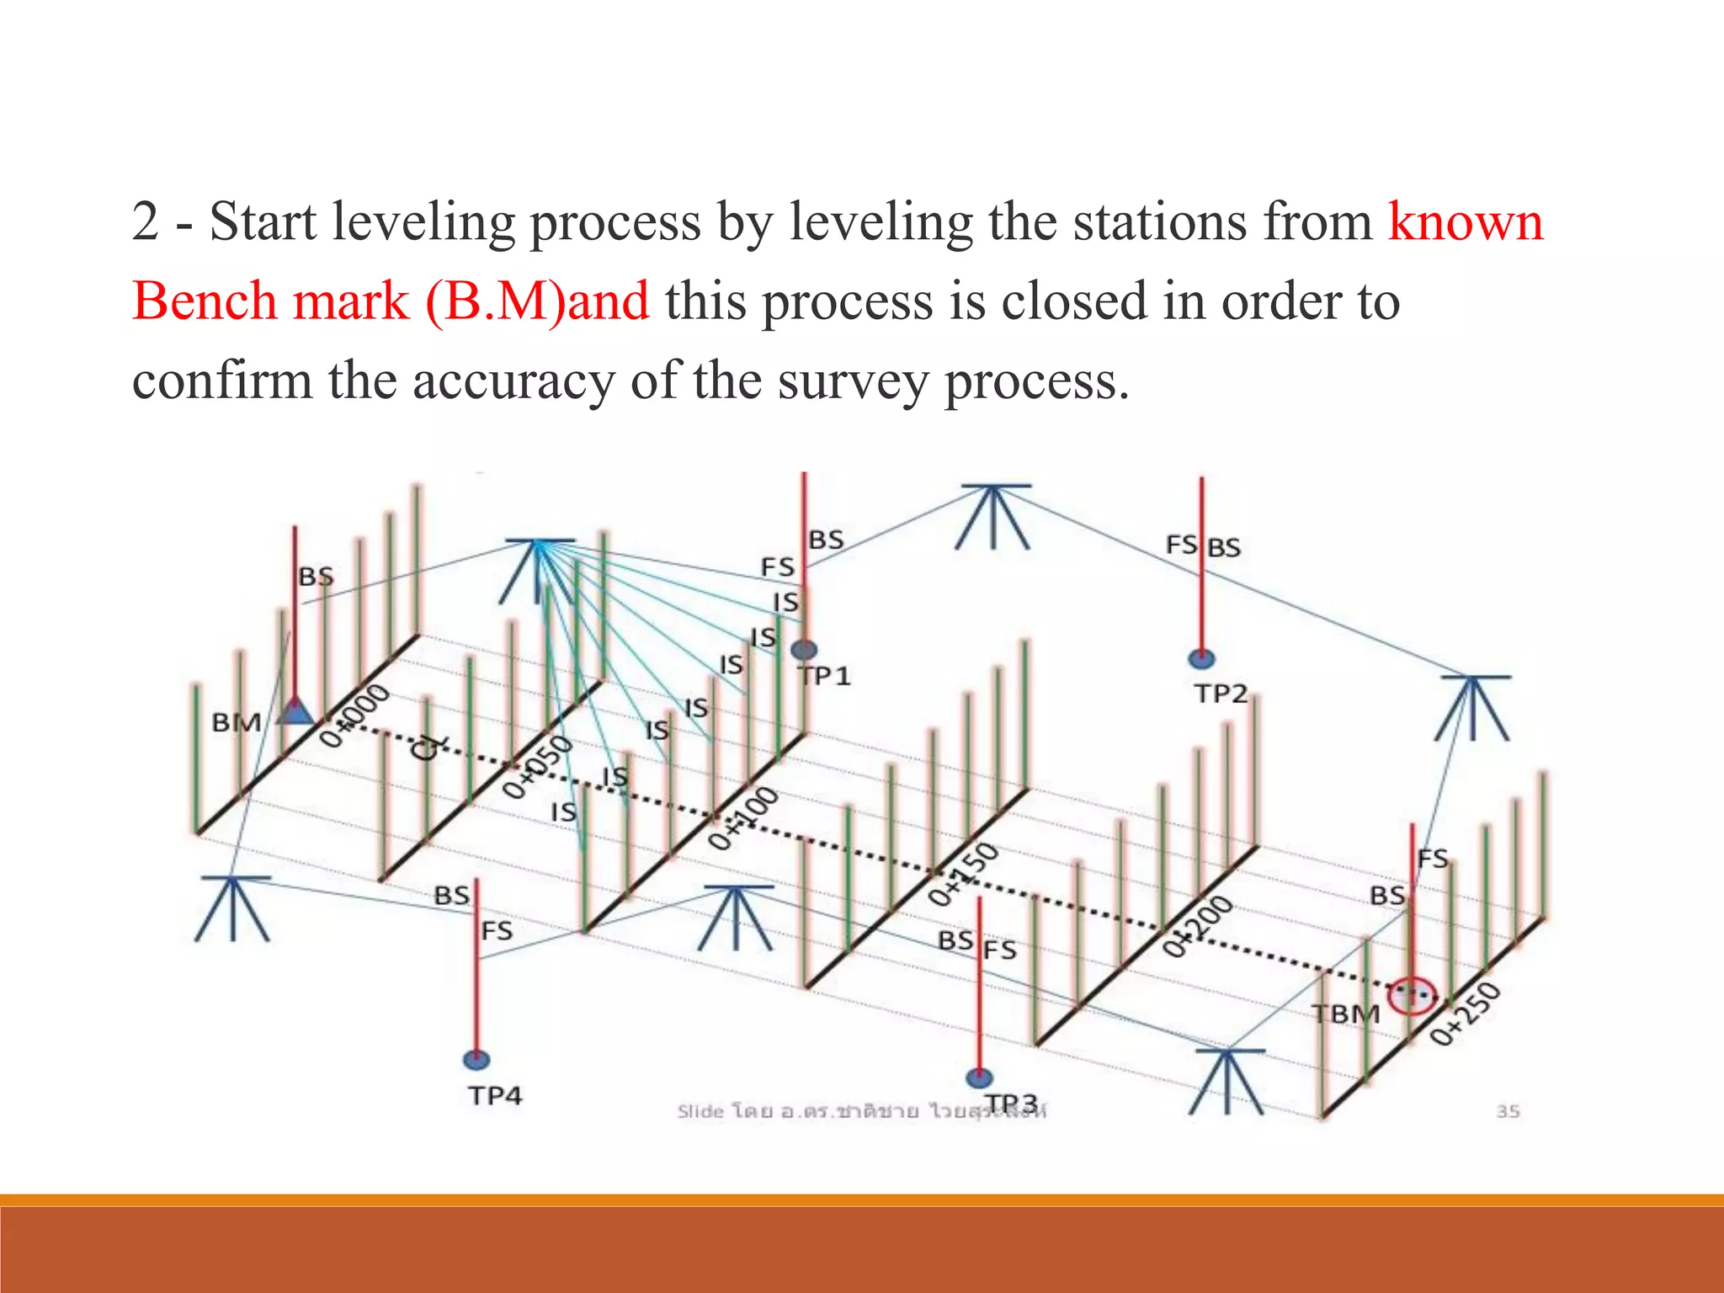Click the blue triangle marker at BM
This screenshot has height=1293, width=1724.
pyautogui.click(x=295, y=712)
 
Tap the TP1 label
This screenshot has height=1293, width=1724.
pyautogui.click(x=826, y=676)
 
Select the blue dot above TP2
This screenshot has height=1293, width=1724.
pyautogui.click(x=1201, y=658)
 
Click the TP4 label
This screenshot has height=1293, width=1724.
pyautogui.click(x=495, y=1095)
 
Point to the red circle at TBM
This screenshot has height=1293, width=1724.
pyautogui.click(x=1411, y=996)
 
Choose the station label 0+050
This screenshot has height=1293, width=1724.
pyautogui.click(x=537, y=766)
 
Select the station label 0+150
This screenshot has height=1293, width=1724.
pyautogui.click(x=963, y=875)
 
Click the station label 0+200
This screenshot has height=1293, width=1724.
pyautogui.click(x=1198, y=927)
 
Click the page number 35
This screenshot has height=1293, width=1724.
pyautogui.click(x=1508, y=1111)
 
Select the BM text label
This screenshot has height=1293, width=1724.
pyautogui.click(x=236, y=722)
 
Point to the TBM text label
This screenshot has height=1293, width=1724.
pyautogui.click(x=1346, y=1014)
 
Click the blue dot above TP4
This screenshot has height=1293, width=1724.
pyautogui.click(x=476, y=1060)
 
